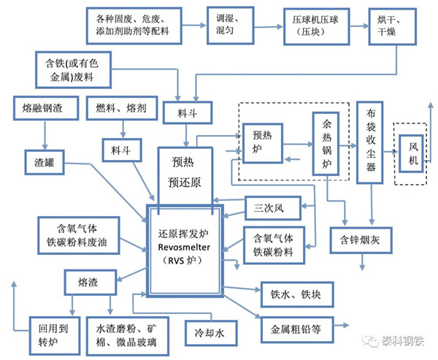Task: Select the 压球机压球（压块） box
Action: (x=312, y=24)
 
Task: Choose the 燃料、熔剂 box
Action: (x=120, y=109)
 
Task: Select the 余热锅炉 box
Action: (x=324, y=142)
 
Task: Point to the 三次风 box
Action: (x=268, y=208)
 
